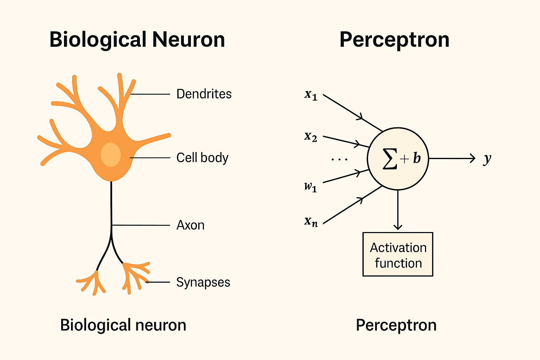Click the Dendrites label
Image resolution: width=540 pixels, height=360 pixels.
pyautogui.click(x=204, y=94)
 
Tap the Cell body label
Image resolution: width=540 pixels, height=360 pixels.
pyautogui.click(x=202, y=158)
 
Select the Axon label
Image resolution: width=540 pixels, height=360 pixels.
pyautogui.click(x=190, y=225)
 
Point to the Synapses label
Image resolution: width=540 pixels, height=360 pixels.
pyautogui.click(x=203, y=282)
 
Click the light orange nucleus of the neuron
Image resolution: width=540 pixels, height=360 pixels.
pyautogui.click(x=111, y=155)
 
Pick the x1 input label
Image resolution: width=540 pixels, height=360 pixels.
pyautogui.click(x=311, y=95)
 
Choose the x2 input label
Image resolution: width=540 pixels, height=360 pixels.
pyautogui.click(x=311, y=136)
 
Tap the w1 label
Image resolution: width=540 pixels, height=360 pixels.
pyautogui.click(x=310, y=186)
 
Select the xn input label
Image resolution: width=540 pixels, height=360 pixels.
pyautogui.click(x=311, y=221)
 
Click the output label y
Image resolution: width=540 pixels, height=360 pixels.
pyautogui.click(x=487, y=159)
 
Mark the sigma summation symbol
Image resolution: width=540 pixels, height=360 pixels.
pyautogui.click(x=390, y=159)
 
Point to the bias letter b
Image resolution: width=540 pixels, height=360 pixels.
pyautogui.click(x=417, y=159)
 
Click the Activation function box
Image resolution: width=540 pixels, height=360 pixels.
pyautogui.click(x=398, y=255)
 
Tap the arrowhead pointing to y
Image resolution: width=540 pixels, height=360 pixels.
pyautogui.click(x=472, y=159)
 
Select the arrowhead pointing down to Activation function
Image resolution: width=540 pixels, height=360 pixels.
pyautogui.click(x=398, y=227)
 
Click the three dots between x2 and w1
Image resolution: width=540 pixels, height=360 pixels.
pyautogui.click(x=339, y=160)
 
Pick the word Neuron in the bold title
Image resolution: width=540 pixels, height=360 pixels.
pyautogui.click(x=188, y=39)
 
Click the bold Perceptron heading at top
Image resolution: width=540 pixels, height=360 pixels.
pyautogui.click(x=394, y=40)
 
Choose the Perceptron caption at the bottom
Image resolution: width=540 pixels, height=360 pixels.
pyautogui.click(x=396, y=325)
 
